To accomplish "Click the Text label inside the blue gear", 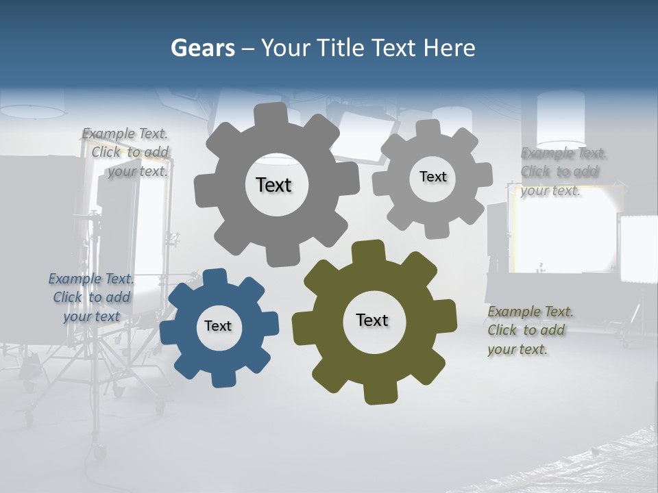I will click(x=218, y=326).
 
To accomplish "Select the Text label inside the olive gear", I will click(x=372, y=320).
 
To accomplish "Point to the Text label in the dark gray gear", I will click(x=273, y=185).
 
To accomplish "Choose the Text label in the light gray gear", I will click(x=433, y=177).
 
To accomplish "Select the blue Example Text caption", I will click(x=91, y=297).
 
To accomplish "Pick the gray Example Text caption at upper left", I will click(x=127, y=153).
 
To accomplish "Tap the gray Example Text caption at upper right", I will click(x=562, y=171).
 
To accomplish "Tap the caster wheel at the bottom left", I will click(x=100, y=453).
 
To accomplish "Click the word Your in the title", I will click(x=283, y=48).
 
